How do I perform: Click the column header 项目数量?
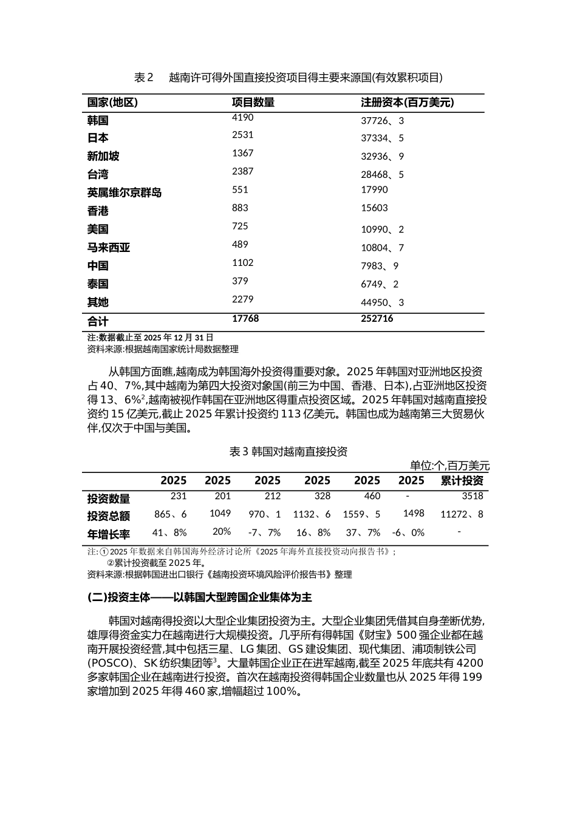click(x=253, y=103)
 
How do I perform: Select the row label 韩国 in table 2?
click(x=98, y=120)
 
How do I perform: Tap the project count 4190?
click(x=242, y=118)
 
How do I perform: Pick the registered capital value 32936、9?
click(x=382, y=157)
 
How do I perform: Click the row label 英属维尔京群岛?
click(x=125, y=193)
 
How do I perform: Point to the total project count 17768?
click(x=245, y=319)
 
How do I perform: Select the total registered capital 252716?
click(x=377, y=319)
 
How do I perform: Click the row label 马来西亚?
click(x=109, y=248)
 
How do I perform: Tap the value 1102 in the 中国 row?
click(x=242, y=263)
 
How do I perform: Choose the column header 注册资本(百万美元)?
click(x=407, y=103)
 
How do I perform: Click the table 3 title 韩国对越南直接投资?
click(x=288, y=452)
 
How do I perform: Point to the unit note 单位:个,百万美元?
click(x=449, y=466)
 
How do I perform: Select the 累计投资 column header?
click(x=462, y=481)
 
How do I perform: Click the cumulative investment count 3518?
click(x=473, y=496)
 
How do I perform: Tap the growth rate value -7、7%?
click(x=265, y=532)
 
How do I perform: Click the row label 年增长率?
click(x=109, y=534)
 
